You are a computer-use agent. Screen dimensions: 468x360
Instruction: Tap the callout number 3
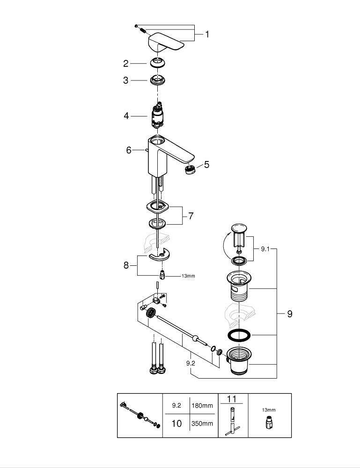tap(125, 80)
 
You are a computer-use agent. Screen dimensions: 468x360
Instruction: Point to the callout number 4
tap(126, 116)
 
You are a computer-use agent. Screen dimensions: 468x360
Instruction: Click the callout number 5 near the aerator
tap(206, 165)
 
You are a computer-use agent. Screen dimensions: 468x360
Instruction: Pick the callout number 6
tap(129, 150)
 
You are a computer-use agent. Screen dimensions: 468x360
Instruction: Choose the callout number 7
tap(191, 216)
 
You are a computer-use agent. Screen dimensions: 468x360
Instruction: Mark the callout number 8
tap(126, 265)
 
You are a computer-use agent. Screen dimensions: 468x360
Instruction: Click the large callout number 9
tap(289, 314)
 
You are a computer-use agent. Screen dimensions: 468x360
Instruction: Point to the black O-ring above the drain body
tap(239, 336)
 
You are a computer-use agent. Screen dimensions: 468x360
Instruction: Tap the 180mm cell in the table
tap(202, 406)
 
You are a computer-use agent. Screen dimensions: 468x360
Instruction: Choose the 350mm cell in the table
tap(202, 424)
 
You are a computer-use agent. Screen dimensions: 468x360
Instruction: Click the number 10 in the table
tap(176, 424)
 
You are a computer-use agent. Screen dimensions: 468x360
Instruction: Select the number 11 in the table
tap(232, 399)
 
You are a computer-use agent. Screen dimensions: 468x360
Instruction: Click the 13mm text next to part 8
tap(188, 276)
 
